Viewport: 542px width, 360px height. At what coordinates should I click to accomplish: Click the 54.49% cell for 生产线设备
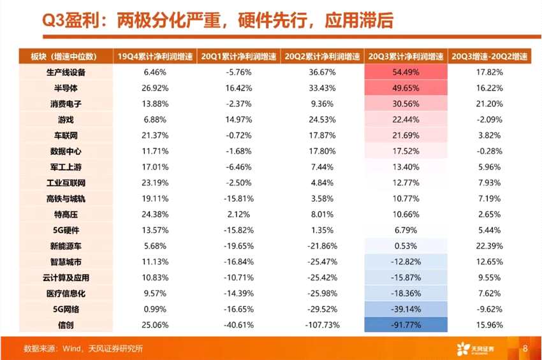[x=406, y=72]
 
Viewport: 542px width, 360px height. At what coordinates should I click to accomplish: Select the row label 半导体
[x=66, y=88]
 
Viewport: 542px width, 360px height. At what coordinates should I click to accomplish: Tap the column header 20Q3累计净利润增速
[x=406, y=56]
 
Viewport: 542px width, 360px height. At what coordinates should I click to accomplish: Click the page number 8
[x=525, y=349]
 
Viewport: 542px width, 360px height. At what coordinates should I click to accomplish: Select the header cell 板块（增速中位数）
[x=66, y=56]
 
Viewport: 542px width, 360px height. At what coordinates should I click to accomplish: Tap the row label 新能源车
[x=66, y=246]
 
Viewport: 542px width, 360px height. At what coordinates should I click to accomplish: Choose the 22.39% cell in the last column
[x=490, y=246]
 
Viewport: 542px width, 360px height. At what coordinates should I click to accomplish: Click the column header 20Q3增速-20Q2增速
[x=490, y=56]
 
